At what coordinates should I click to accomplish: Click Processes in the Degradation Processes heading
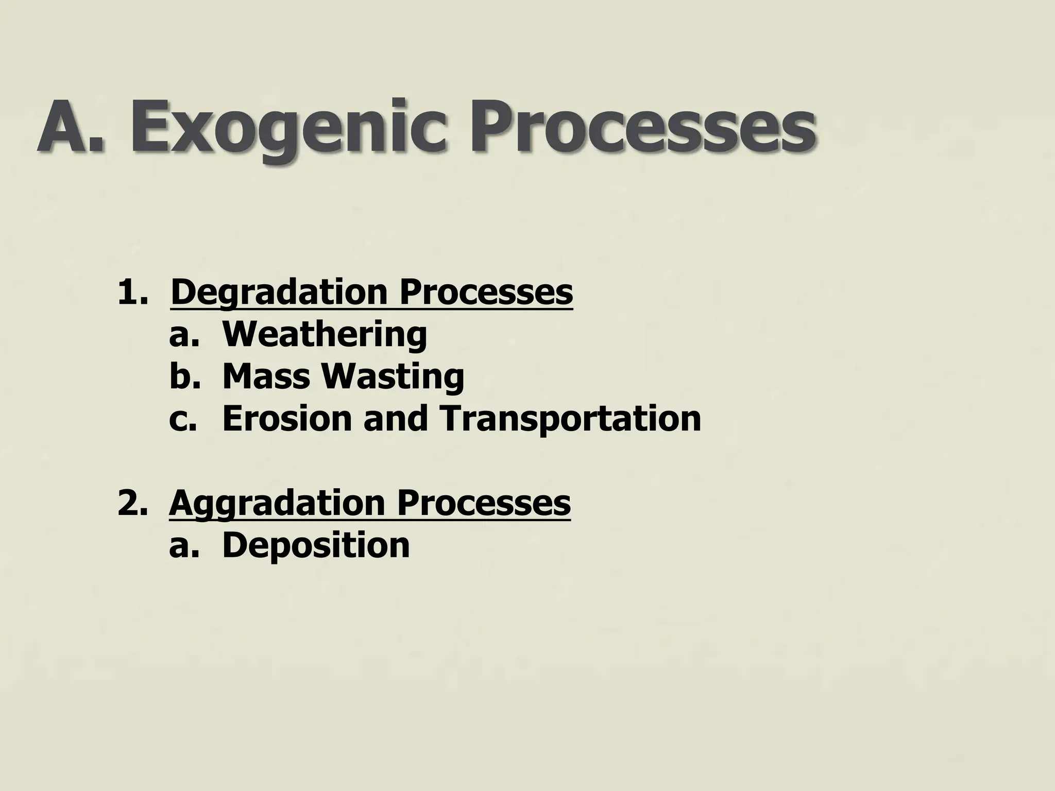pyautogui.click(x=485, y=293)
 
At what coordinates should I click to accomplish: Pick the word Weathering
pyautogui.click(x=325, y=335)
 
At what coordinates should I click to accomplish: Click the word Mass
pyautogui.click(x=265, y=377)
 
